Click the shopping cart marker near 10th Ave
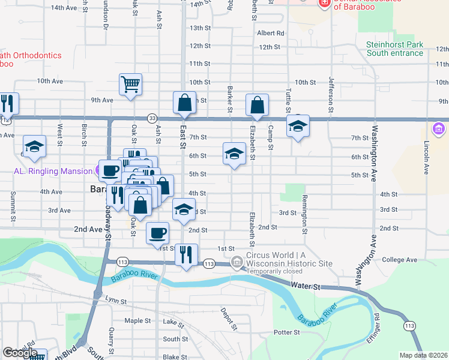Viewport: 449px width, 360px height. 130,85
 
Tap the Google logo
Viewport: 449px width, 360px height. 20,353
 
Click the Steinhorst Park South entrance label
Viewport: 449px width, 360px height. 395,49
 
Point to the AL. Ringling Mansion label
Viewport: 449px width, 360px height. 53,171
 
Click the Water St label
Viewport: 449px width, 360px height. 307,287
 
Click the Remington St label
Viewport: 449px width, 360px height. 305,214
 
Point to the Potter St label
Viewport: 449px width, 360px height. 286,332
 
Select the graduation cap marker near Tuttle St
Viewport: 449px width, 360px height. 297,127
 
